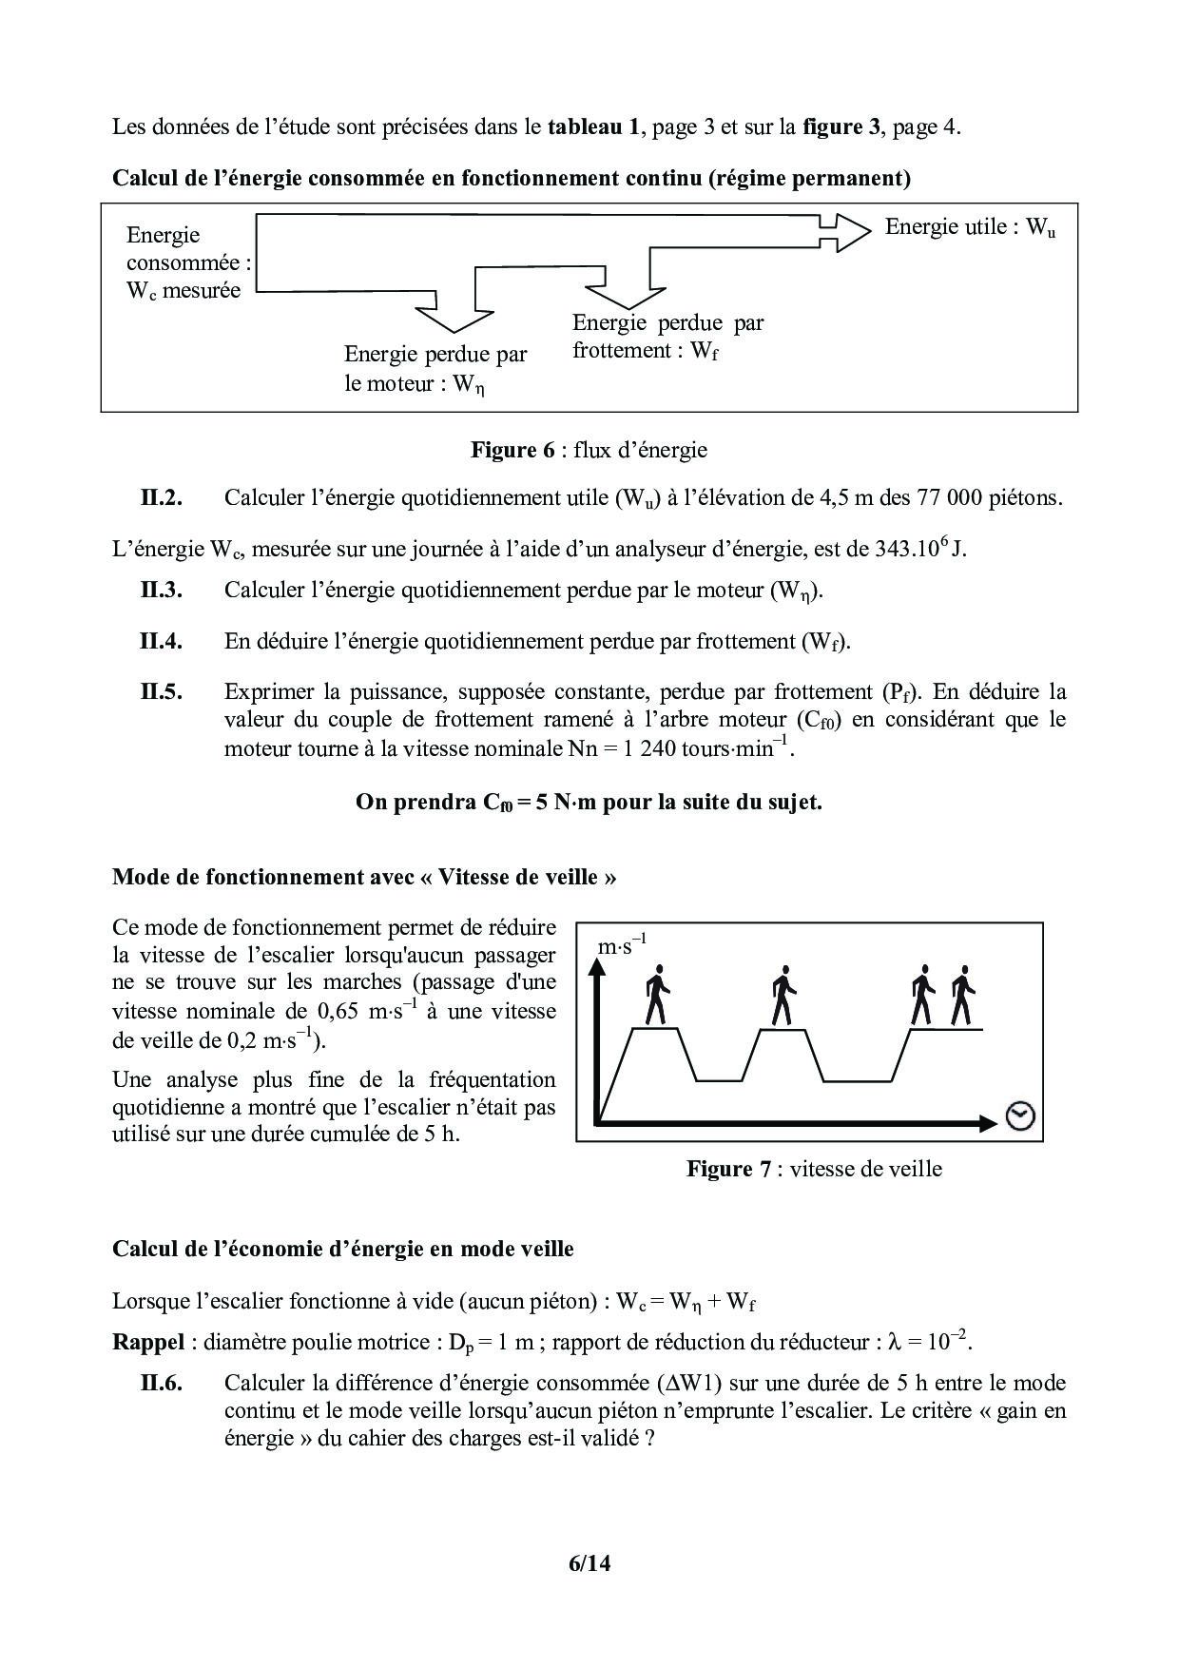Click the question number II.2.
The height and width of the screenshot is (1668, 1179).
[x=161, y=497]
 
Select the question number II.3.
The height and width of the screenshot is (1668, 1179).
[x=161, y=590]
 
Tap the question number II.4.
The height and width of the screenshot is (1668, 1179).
[x=161, y=641]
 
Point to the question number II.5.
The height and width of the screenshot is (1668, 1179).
[x=161, y=691]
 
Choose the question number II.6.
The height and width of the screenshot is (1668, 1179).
[x=161, y=1383]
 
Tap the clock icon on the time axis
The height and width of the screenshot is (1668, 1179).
[x=1020, y=1116]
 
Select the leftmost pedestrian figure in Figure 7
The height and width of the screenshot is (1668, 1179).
[x=656, y=997]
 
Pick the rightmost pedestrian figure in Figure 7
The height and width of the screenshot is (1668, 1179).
[x=963, y=997]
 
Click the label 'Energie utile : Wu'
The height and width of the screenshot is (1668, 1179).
[x=970, y=227]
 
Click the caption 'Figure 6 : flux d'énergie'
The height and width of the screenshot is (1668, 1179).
[x=589, y=450]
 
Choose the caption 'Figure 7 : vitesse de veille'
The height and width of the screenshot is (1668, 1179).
[x=814, y=1169]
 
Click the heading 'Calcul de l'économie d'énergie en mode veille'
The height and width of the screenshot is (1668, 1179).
[x=343, y=1249]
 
